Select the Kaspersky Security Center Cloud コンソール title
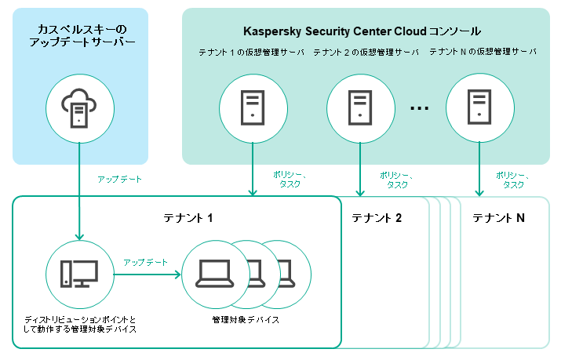[x=361, y=31]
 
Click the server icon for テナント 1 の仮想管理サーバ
[x=252, y=105]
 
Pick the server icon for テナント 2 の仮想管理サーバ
[x=360, y=105]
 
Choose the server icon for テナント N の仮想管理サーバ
[x=479, y=105]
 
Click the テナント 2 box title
[x=377, y=217]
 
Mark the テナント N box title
[x=498, y=217]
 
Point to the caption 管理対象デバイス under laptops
[x=246, y=320]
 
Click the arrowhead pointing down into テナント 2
[x=360, y=192]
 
